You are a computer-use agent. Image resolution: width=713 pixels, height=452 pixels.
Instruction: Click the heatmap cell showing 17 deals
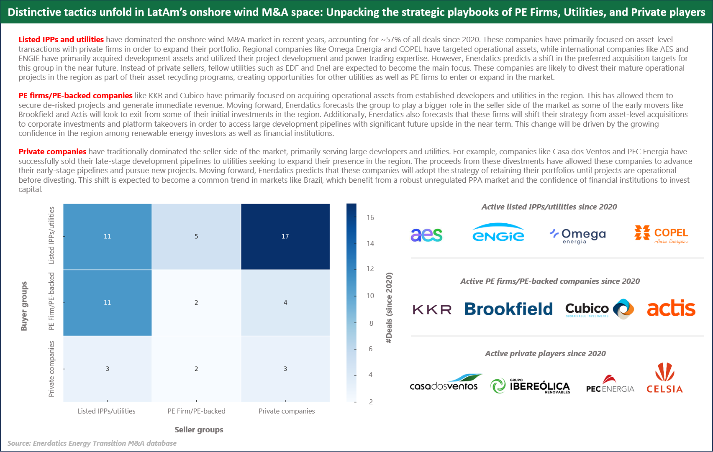click(x=285, y=237)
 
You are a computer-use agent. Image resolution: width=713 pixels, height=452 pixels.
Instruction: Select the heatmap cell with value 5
click(x=196, y=237)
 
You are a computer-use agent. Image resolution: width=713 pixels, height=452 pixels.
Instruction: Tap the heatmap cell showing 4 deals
click(x=285, y=303)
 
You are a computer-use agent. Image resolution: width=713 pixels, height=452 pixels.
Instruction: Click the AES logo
click(x=426, y=235)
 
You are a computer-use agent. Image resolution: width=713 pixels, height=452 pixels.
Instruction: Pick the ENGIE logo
click(x=498, y=233)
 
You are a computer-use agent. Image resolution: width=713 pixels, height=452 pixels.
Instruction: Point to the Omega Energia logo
click(x=578, y=235)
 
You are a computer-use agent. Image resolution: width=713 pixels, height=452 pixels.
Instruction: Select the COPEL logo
click(x=661, y=235)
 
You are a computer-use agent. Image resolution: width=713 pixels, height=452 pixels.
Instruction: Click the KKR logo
click(x=432, y=309)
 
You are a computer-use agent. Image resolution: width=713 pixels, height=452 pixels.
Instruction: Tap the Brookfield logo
click(x=508, y=309)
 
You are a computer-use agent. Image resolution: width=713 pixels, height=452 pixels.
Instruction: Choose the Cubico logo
click(x=599, y=309)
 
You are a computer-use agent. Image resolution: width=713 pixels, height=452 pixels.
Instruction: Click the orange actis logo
click(x=671, y=308)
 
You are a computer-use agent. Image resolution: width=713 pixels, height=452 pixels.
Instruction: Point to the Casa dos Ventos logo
click(x=445, y=383)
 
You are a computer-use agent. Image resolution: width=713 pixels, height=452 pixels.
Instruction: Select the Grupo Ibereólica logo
click(x=530, y=386)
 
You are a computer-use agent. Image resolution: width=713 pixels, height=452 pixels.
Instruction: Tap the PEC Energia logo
click(x=610, y=384)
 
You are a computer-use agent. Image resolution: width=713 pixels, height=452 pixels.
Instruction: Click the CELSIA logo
click(x=664, y=378)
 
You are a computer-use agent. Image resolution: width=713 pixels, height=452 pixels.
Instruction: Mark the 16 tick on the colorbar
click(x=370, y=217)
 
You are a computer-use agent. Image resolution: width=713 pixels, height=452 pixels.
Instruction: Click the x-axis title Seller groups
click(x=199, y=430)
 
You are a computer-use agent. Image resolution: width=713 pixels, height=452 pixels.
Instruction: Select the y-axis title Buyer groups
click(x=24, y=306)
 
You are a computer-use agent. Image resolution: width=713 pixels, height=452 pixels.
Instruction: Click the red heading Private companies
click(x=52, y=152)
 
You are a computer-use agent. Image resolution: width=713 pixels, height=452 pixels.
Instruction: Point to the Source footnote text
click(x=92, y=443)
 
